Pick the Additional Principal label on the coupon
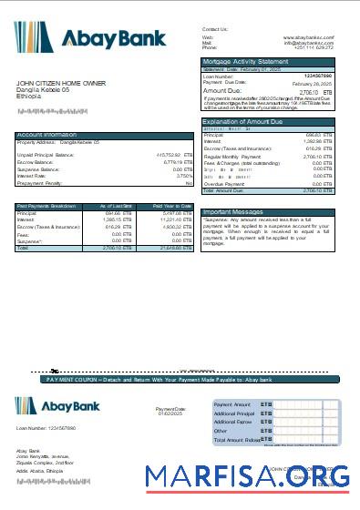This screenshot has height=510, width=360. (233, 413)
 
